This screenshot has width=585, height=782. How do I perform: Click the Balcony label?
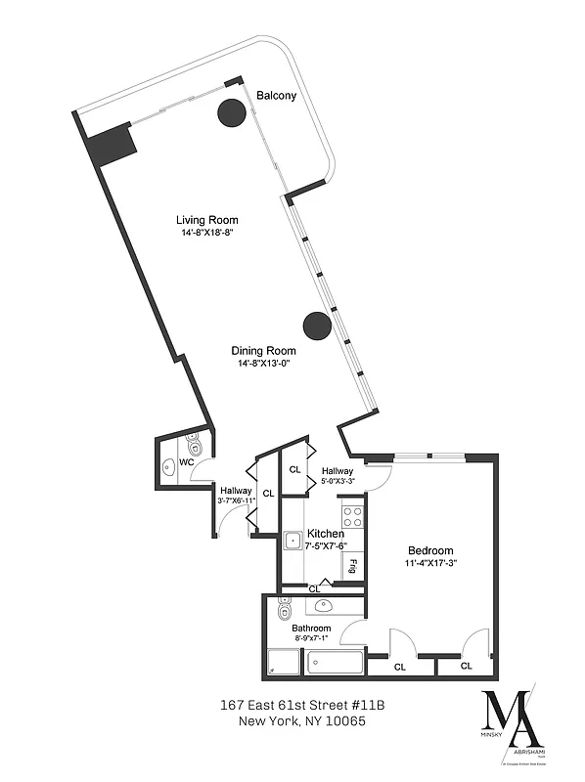click(x=276, y=96)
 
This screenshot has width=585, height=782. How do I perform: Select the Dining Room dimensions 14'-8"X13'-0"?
click(x=263, y=364)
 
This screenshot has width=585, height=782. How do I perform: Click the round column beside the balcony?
click(x=232, y=113)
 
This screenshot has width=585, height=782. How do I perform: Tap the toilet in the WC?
click(x=194, y=446)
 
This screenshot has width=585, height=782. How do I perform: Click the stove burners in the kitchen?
click(x=352, y=516)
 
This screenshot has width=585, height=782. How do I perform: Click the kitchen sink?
click(x=292, y=540)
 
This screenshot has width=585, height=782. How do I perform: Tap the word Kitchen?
click(x=326, y=534)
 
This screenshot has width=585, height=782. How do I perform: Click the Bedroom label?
click(x=430, y=549)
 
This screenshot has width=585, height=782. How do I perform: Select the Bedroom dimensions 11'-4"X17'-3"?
click(x=430, y=563)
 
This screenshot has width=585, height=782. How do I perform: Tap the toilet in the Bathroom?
click(x=284, y=611)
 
